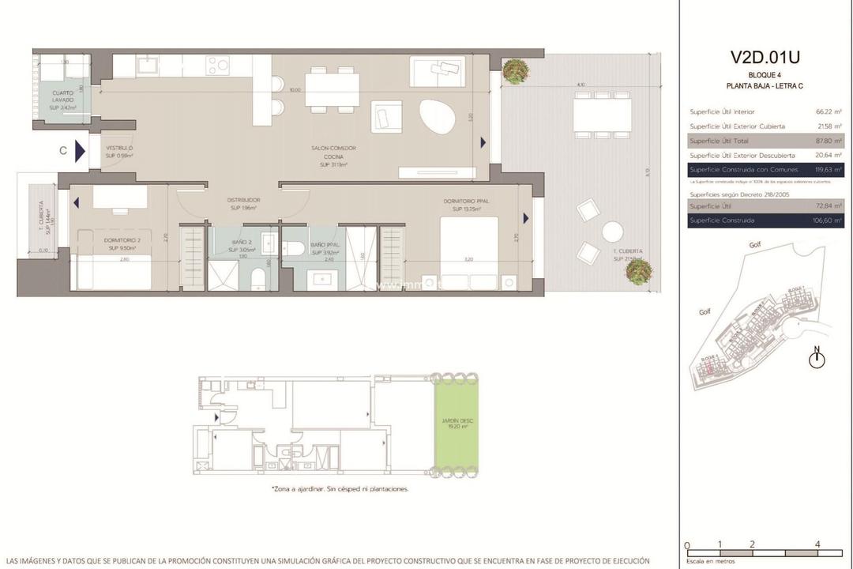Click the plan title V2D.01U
[765, 58]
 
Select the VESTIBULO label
[119, 152]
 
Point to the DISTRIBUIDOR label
[245, 204]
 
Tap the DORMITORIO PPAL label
[471, 205]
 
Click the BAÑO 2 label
[242, 246]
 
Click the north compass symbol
[817, 359]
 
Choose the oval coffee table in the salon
[437, 119]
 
